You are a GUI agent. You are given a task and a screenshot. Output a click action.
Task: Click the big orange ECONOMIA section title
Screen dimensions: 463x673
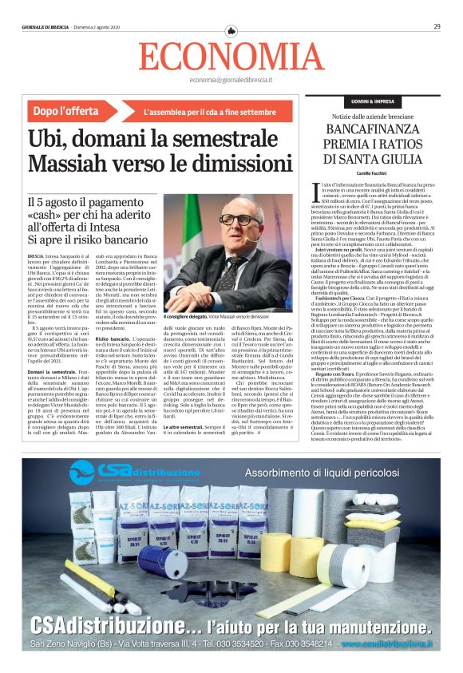231,56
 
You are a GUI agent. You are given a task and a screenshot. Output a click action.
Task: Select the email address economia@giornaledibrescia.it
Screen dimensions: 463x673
231,81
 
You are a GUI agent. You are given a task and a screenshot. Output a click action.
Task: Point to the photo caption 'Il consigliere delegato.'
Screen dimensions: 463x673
185,317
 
